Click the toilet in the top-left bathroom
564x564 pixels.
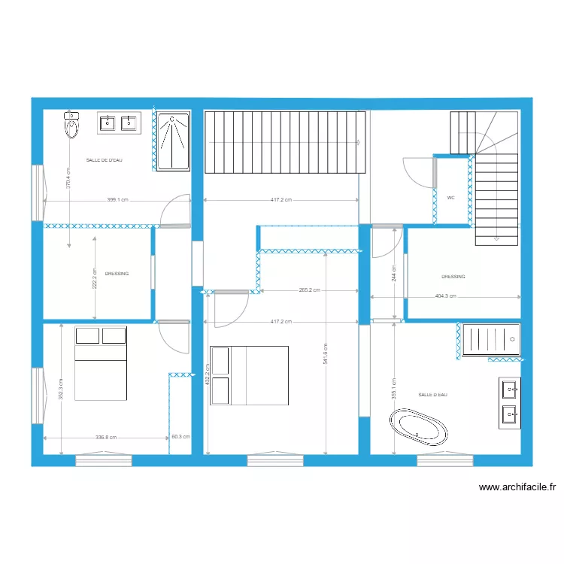[72, 125]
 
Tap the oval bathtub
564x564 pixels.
[418, 426]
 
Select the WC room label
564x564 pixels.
[451, 198]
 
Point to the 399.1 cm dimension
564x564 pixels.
[118, 200]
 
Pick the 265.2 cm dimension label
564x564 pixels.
[309, 290]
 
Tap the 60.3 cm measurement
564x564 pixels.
[180, 437]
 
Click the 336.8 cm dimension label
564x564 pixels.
[105, 437]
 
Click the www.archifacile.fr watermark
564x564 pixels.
[517, 487]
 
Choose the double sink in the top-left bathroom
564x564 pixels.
[119, 123]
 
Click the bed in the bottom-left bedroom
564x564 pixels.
[100, 363]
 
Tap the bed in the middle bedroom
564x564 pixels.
[249, 375]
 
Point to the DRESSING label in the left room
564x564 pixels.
[117, 274]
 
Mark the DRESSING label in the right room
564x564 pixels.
[453, 277]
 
